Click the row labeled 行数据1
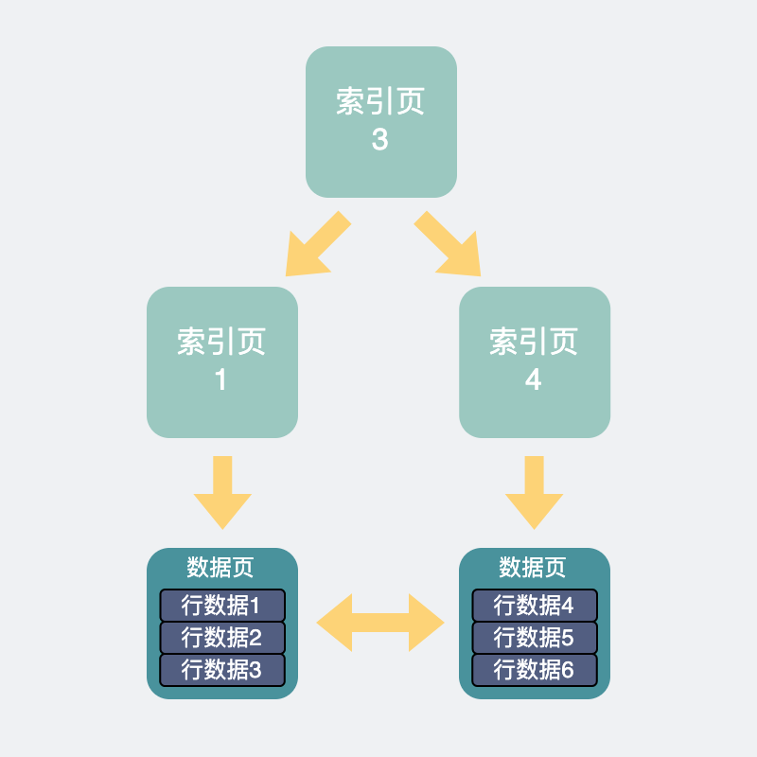[x=221, y=605]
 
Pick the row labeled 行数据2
[x=221, y=637]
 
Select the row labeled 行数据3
[x=221, y=669]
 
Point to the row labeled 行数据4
[x=534, y=605]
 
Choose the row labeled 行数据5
[x=534, y=637]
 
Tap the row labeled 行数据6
[x=534, y=669]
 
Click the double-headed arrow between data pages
[x=379, y=623]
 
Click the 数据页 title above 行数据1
[x=221, y=568]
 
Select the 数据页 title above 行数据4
[x=534, y=568]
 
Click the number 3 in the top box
[x=379, y=140]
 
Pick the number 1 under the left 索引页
[x=221, y=379]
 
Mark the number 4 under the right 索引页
[x=534, y=379]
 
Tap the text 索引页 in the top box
[x=379, y=102]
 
